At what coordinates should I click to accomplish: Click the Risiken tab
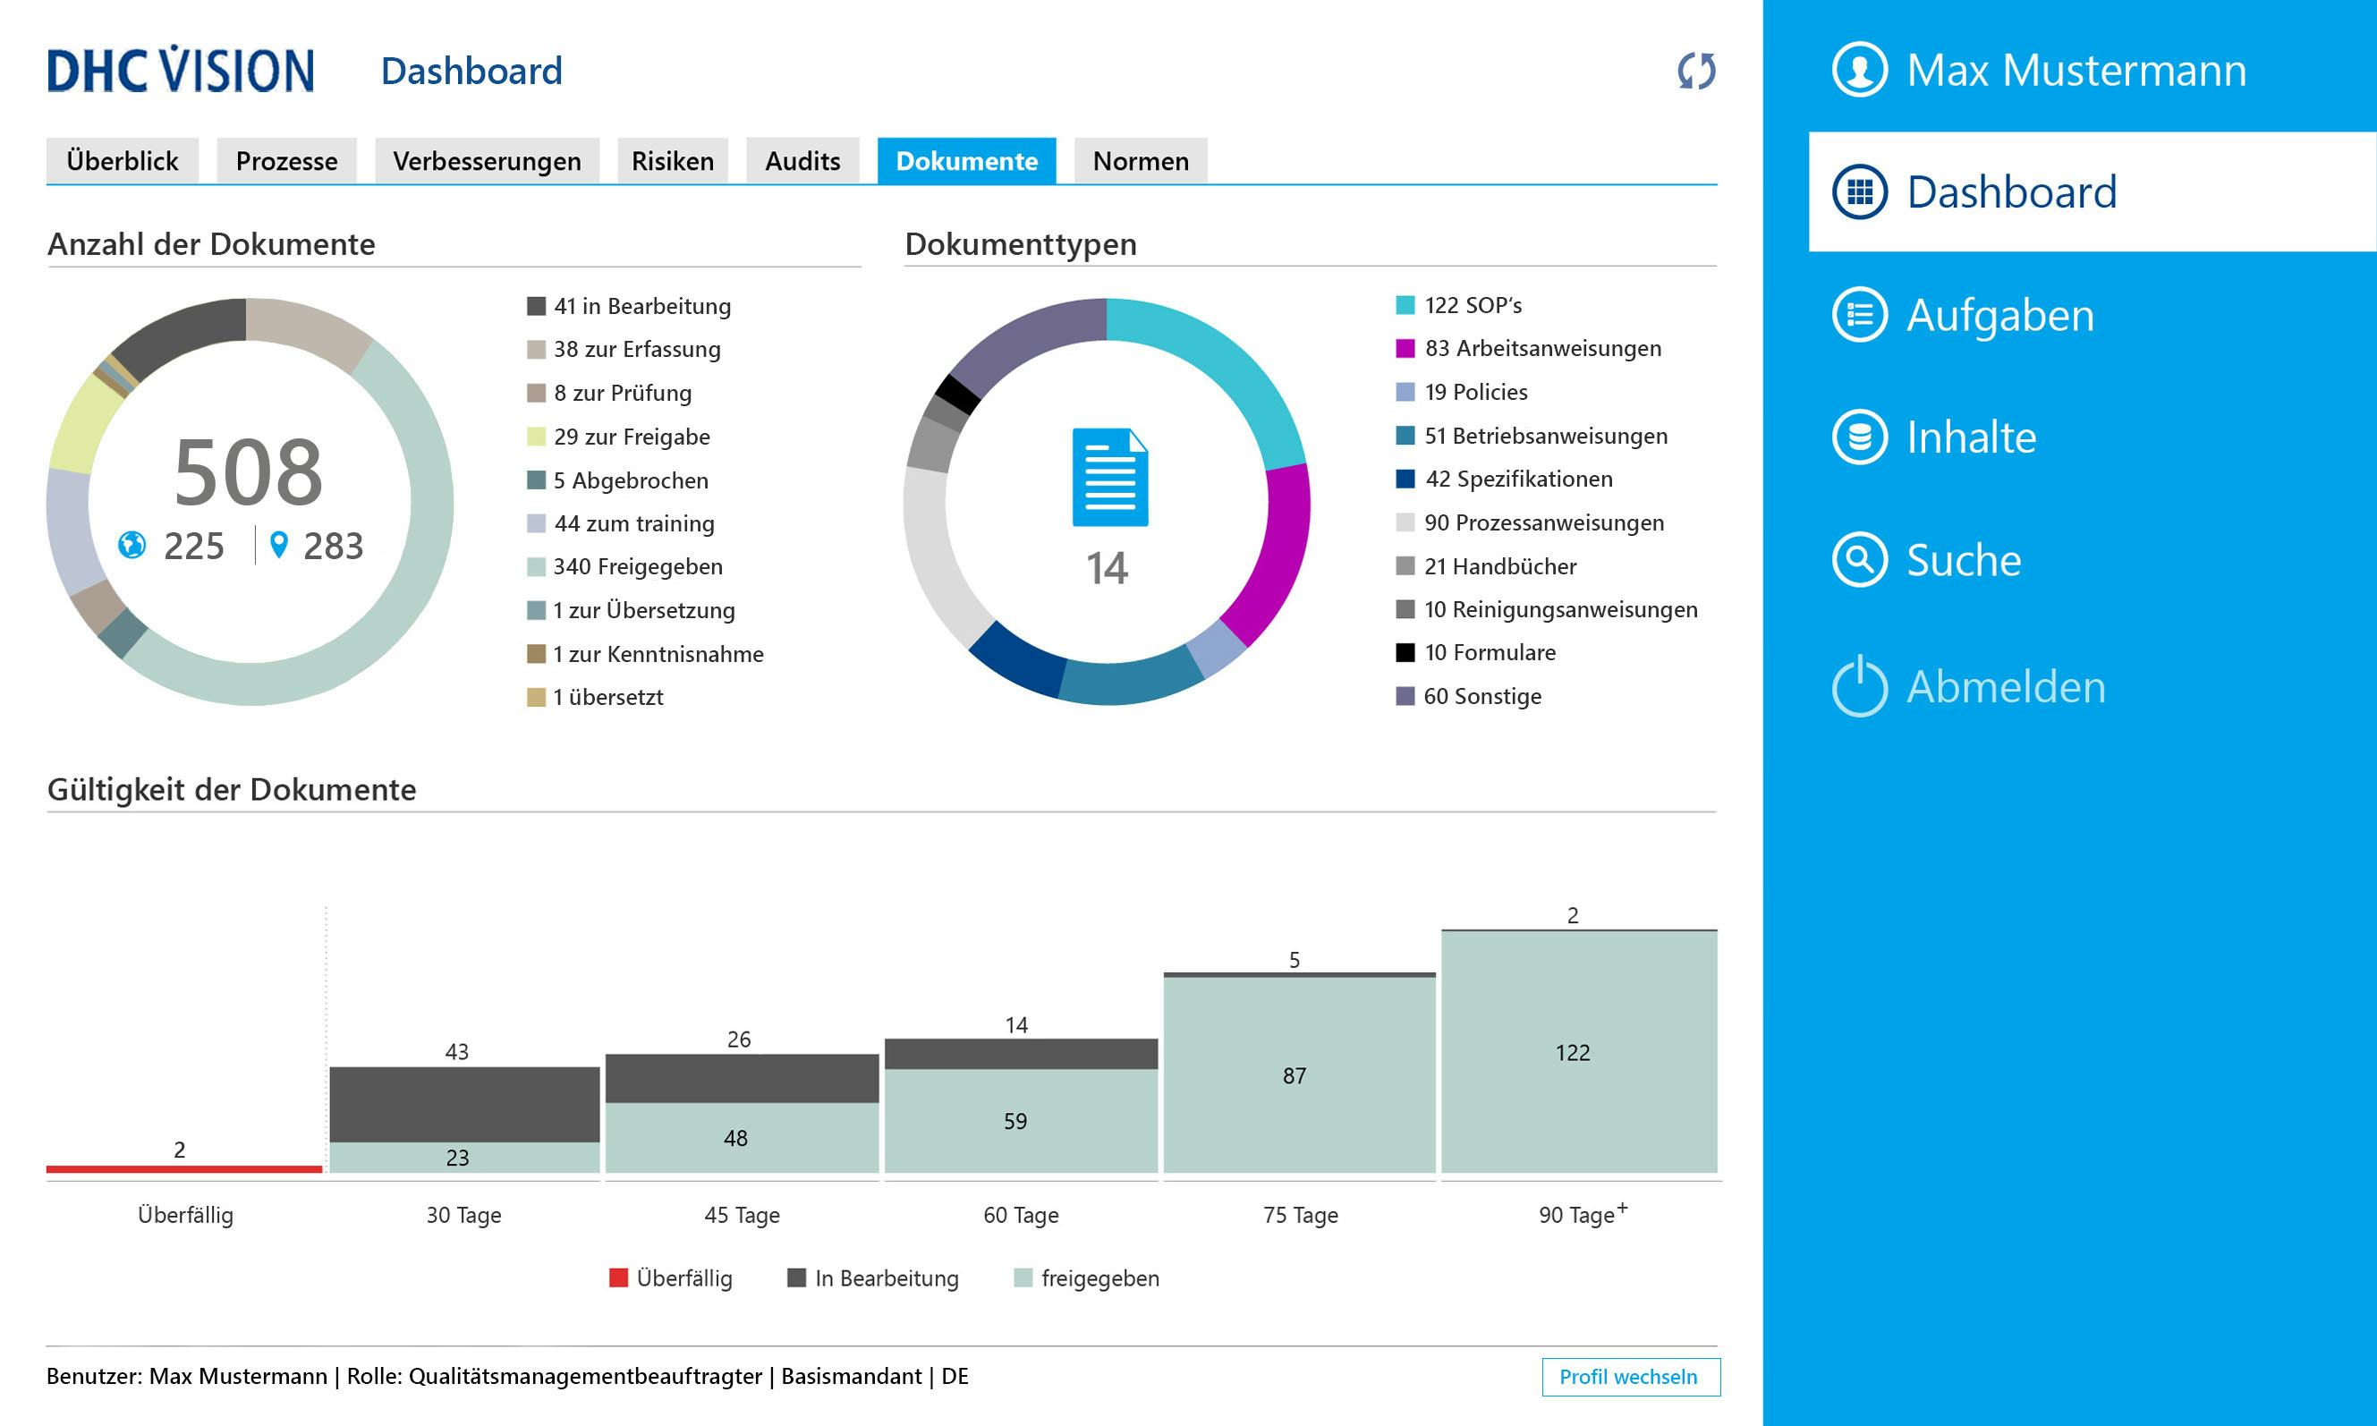coord(672,160)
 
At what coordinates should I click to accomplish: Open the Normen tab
coord(1140,160)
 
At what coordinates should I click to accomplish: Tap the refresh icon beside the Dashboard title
coord(1696,71)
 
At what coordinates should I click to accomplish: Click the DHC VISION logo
coord(181,70)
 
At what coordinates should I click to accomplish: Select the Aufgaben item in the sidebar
coord(1999,315)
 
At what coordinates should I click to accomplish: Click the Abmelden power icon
coord(1859,686)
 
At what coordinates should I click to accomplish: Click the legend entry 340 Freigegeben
coord(636,567)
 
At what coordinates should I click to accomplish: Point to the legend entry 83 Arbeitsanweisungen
coord(1541,349)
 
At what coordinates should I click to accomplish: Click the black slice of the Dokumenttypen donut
coord(957,394)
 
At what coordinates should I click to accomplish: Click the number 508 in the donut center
coord(248,471)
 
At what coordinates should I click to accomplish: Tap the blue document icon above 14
coord(1108,478)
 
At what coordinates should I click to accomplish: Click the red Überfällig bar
coord(183,1168)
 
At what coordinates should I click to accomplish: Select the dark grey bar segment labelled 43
coord(464,1104)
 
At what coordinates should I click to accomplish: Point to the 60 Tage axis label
coord(1021,1215)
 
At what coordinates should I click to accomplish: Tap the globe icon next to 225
coord(132,545)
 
